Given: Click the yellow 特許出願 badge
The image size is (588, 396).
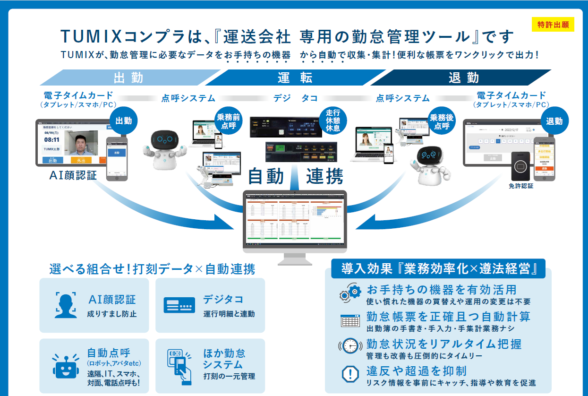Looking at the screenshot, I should coord(553,25).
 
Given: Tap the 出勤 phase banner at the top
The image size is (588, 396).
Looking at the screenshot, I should coord(128,77).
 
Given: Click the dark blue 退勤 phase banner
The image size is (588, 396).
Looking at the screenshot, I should coord(463,77).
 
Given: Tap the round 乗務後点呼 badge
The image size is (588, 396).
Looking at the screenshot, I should coord(442,121).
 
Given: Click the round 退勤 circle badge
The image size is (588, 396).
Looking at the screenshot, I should coord(554,121).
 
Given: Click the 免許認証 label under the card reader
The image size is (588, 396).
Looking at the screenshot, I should coord(521,186).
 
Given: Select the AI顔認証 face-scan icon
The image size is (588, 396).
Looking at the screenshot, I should coord(66,305).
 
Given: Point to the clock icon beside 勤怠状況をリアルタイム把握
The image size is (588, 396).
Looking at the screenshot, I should coord(350,346).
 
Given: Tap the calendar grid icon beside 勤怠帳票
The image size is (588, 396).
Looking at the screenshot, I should coord(350,320).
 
